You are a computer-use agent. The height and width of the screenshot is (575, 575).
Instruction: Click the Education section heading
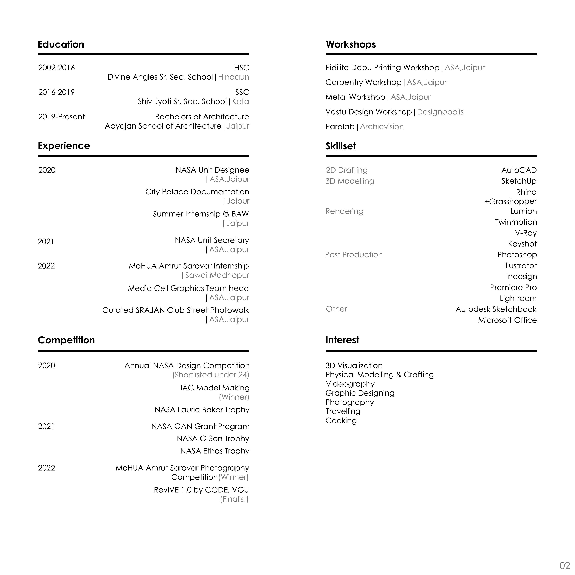pyautogui.click(x=61, y=44)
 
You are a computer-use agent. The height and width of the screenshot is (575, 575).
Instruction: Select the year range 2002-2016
pyautogui.click(x=56, y=68)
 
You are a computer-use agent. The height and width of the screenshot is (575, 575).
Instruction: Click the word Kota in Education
pyautogui.click(x=241, y=101)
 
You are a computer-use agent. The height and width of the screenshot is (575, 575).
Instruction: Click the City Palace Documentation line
pyautogui.click(x=197, y=192)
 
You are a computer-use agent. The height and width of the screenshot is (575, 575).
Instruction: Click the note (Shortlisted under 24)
pyautogui.click(x=211, y=375)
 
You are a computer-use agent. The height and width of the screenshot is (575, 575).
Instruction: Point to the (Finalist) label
pyautogui.click(x=234, y=499)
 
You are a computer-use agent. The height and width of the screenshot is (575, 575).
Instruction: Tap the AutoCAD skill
pyautogui.click(x=519, y=170)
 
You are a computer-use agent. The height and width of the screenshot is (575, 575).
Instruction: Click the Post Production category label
pyautogui.click(x=354, y=255)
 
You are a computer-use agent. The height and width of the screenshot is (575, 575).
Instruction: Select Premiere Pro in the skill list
pyautogui.click(x=513, y=288)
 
